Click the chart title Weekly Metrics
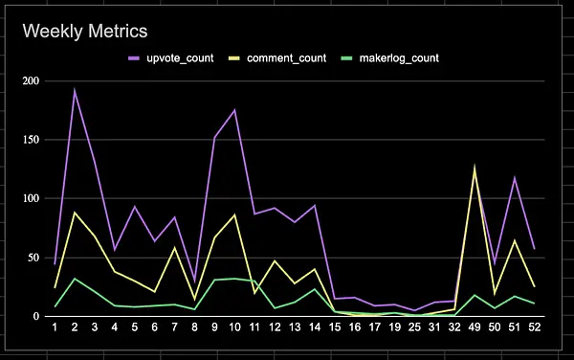pyautogui.click(x=85, y=31)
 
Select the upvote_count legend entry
pyautogui.click(x=171, y=57)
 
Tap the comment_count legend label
pyautogui.click(x=286, y=57)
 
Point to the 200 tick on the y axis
pyautogui.click(x=31, y=81)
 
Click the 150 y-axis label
pyautogui.click(x=31, y=140)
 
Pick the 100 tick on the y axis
pyautogui.click(x=31, y=198)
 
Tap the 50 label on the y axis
pyautogui.click(x=33, y=258)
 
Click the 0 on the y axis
pyautogui.click(x=36, y=316)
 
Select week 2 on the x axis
pyautogui.click(x=75, y=327)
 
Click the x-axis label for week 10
pyautogui.click(x=234, y=327)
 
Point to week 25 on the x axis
pyautogui.click(x=414, y=327)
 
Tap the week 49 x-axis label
pyautogui.click(x=475, y=327)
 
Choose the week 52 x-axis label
pyautogui.click(x=535, y=327)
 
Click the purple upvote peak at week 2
pyautogui.click(x=75, y=90)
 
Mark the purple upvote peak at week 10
pyautogui.click(x=234, y=109)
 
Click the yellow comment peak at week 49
pyautogui.click(x=475, y=167)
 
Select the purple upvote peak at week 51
pyautogui.click(x=515, y=178)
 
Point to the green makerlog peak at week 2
pyautogui.click(x=75, y=279)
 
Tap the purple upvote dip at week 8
pyautogui.click(x=194, y=282)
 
